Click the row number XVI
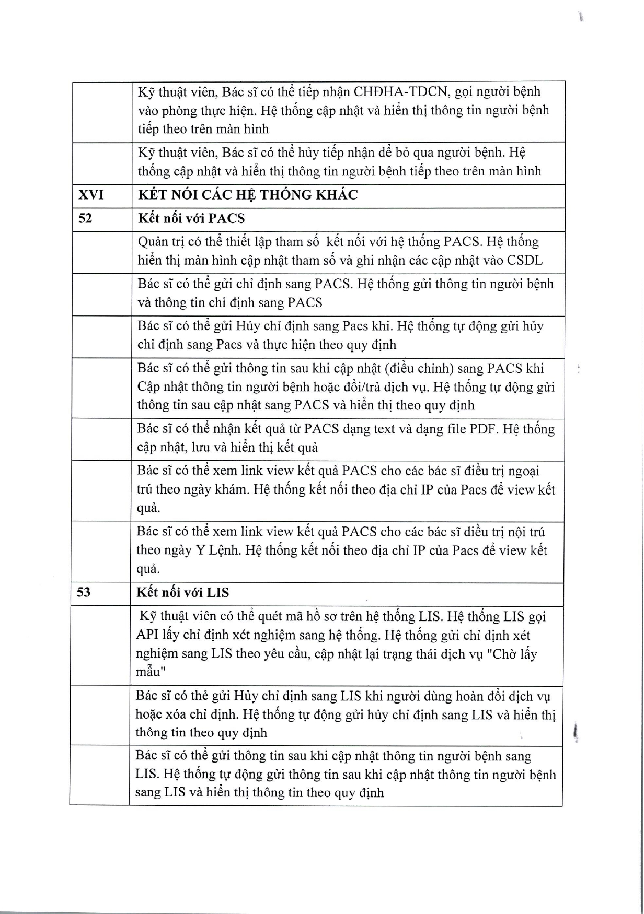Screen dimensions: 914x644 (x=91, y=195)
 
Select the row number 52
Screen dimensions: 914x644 (x=85, y=218)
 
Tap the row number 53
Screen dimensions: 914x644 (x=84, y=592)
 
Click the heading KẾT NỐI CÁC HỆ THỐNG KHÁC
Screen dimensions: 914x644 (x=248, y=195)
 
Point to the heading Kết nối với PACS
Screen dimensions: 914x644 (x=191, y=218)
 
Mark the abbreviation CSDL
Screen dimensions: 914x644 (x=525, y=260)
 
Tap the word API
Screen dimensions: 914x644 (x=148, y=635)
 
